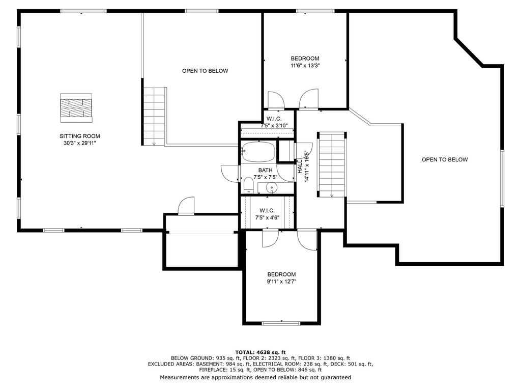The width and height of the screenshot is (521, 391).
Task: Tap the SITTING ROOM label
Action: (80, 136)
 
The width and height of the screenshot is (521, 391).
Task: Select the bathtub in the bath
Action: (258, 152)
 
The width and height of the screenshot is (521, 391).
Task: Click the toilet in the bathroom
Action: (248, 185)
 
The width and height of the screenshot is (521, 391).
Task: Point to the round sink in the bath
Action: (272, 188)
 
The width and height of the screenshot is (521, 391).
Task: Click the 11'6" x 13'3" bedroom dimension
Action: (305, 66)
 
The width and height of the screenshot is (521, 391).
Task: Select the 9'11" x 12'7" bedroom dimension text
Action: (282, 282)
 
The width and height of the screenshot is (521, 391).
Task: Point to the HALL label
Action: (300, 166)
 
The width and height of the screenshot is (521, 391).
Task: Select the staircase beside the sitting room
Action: (154, 117)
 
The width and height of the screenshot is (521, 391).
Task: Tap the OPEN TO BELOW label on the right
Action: (445, 159)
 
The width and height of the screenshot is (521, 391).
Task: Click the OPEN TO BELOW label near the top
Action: (205, 71)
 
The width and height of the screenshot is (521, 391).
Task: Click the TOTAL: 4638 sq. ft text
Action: (260, 352)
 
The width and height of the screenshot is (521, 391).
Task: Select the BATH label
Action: (265, 170)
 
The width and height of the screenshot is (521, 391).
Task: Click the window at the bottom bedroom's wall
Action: (281, 323)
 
